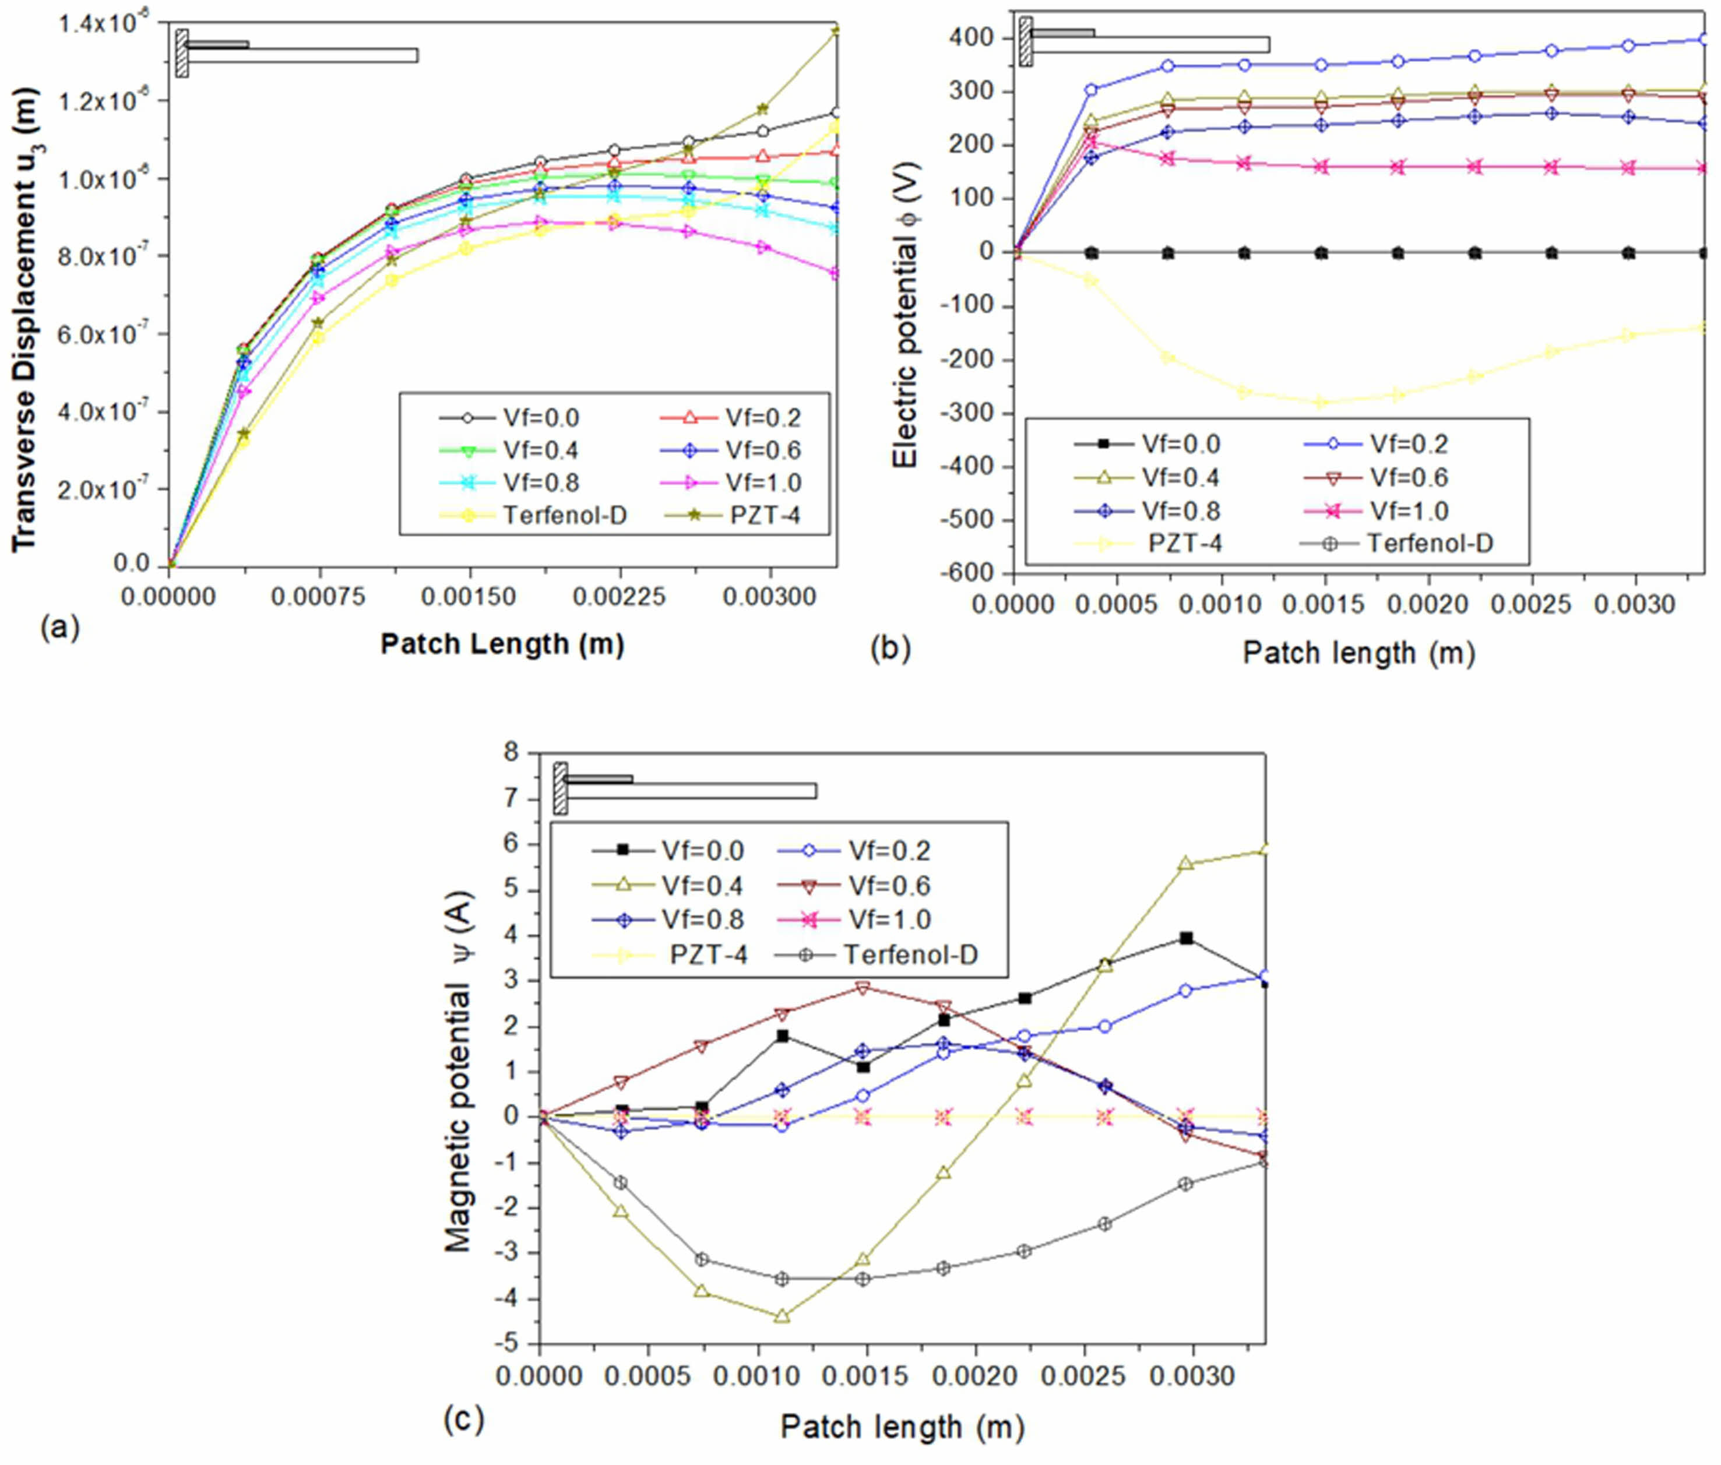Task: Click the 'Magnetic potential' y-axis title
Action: pos(459,1071)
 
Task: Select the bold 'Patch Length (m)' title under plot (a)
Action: pos(502,644)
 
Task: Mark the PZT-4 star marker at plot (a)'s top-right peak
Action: pos(836,31)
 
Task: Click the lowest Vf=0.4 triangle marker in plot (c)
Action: pos(782,1316)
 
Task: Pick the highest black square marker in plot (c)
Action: pos(1186,938)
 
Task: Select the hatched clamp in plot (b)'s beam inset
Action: pos(1026,41)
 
